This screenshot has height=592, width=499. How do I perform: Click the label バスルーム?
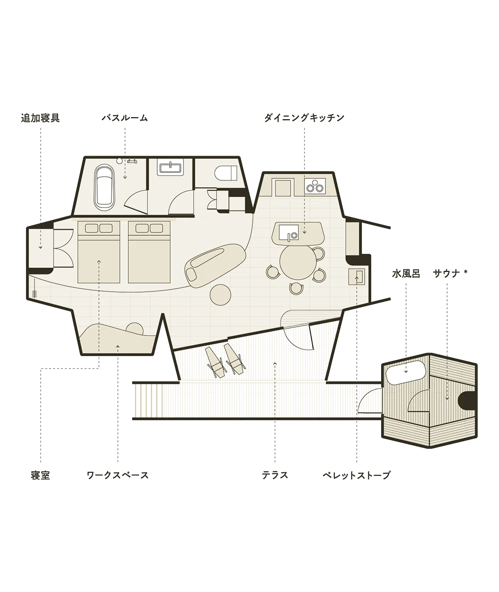coord(125,118)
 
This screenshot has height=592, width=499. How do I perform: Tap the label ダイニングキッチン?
coord(304,118)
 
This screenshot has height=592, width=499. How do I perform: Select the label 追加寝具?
coord(40,118)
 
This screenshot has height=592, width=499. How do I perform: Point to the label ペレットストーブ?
coord(356,475)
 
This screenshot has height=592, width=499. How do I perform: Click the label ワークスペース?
coord(117,475)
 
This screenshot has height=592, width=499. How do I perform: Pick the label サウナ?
coord(446,273)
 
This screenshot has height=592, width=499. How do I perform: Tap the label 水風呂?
coord(406,273)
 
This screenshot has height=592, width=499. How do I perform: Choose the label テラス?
coord(275,475)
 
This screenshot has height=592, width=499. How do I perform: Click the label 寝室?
coord(40,475)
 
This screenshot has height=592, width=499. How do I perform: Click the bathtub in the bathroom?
coord(104,186)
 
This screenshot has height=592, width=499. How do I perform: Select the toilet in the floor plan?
coord(225,173)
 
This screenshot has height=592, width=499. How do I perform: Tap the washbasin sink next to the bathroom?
coord(171,168)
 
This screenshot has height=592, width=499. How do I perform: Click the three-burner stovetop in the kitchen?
coord(315,186)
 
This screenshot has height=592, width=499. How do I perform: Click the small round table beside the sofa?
coord(220,294)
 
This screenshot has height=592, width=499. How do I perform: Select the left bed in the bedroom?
coord(99,252)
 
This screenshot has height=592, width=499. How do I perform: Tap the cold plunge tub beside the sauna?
coord(405,372)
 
